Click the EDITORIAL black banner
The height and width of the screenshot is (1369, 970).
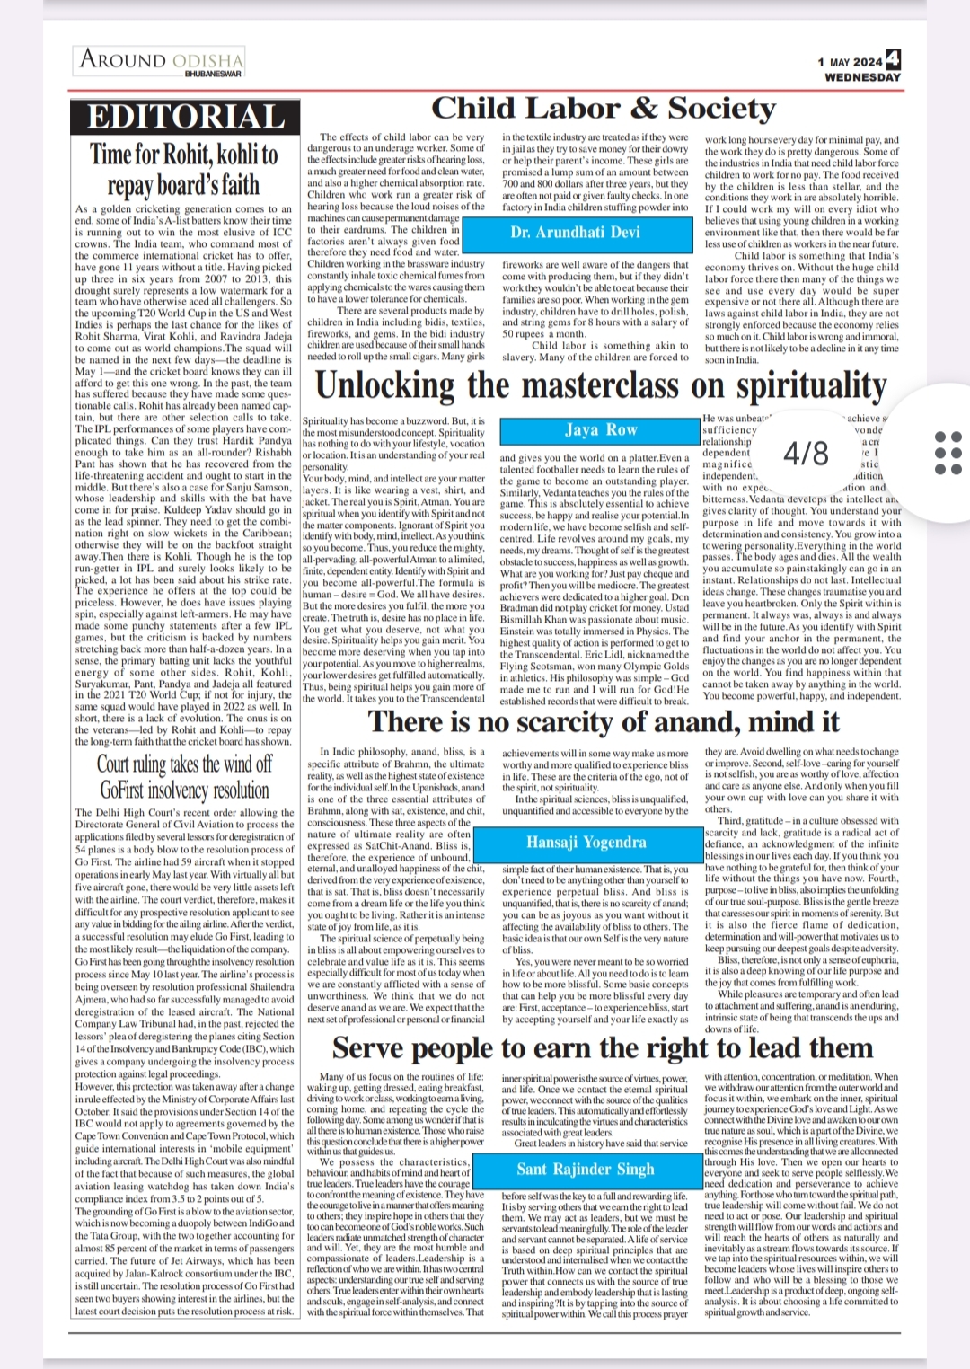184,118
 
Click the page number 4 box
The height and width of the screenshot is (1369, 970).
893,60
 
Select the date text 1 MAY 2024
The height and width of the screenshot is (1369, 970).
850,62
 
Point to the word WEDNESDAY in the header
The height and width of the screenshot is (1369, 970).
862,77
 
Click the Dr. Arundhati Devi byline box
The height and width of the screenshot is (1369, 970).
575,232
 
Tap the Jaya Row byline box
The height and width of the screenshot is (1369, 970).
600,429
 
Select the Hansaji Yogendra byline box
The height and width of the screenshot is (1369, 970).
586,842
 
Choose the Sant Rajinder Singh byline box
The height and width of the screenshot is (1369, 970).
585,1169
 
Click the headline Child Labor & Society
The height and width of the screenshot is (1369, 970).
603,109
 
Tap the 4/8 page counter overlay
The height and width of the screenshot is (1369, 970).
806,453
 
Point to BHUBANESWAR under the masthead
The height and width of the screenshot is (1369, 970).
213,74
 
